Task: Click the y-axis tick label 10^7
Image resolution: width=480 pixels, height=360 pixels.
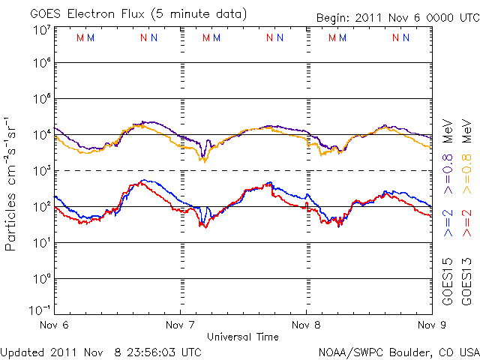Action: pos(41,30)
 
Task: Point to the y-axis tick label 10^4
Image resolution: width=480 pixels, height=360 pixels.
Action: pos(41,134)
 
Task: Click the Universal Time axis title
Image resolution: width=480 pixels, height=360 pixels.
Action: pos(243,337)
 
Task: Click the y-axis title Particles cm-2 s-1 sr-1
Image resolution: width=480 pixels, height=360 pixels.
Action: pos(12,184)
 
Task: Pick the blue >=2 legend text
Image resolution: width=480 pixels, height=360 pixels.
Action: pos(448,223)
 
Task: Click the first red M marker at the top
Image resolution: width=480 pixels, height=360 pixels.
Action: pos(80,37)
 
